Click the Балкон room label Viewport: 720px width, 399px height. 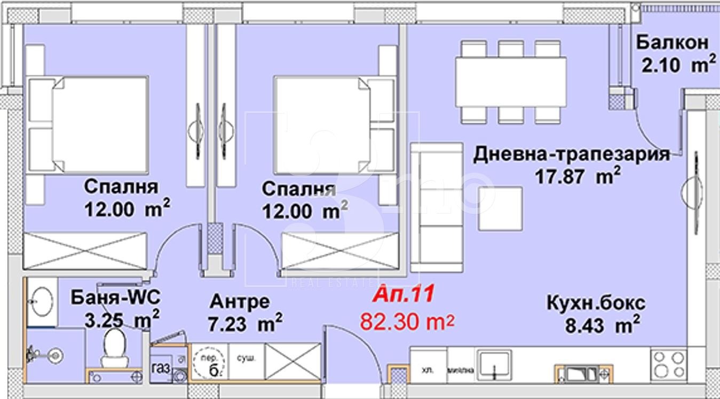tap(672, 42)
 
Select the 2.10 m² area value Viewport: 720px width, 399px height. tap(676, 66)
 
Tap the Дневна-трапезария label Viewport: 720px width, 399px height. tap(572, 154)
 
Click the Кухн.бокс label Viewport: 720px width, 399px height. tap(596, 303)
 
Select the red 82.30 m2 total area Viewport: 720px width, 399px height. tap(407, 322)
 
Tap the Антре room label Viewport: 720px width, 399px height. tap(240, 301)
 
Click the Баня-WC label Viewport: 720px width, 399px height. tap(115, 296)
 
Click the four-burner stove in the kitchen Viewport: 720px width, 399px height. tap(668, 364)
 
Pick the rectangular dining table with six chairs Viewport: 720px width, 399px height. tap(511, 82)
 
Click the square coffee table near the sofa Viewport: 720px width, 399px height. tap(500, 209)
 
